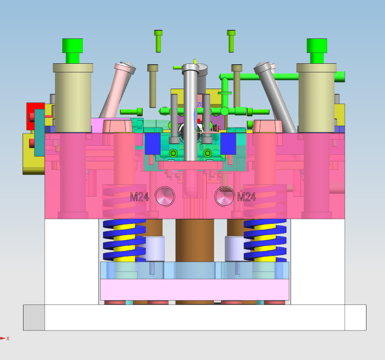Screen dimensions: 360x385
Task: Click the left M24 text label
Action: [x=139, y=197]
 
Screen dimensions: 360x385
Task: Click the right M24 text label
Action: [x=247, y=197]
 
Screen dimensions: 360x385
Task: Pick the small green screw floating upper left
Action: [x=158, y=41]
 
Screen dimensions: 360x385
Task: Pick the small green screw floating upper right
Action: [x=231, y=41]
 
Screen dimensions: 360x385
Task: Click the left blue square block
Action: [x=152, y=144]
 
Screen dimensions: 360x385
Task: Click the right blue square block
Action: [x=228, y=144]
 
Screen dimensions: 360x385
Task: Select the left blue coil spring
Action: [x=124, y=240]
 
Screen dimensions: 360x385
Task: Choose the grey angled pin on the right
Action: [x=273, y=90]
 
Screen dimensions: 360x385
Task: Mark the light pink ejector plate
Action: [x=194, y=289]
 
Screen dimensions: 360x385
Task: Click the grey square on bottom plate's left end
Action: [x=34, y=317]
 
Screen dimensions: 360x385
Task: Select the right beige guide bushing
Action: [x=316, y=97]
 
